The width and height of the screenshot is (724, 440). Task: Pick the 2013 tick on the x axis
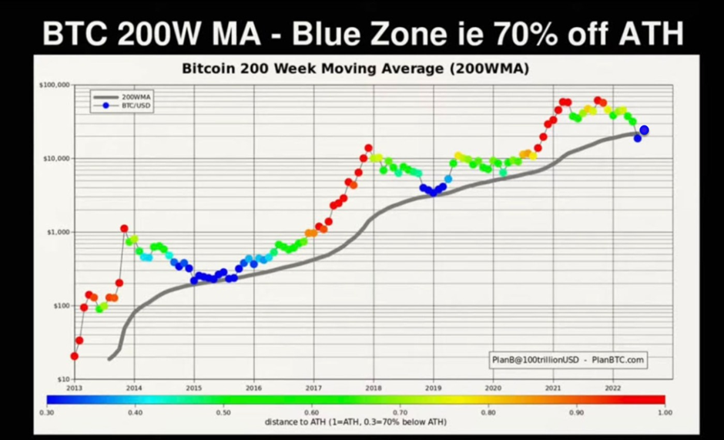[x=74, y=388]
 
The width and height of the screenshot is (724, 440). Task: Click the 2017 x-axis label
[x=313, y=388]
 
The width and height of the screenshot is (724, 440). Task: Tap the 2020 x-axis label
[x=494, y=388]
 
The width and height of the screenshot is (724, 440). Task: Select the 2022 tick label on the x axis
[x=613, y=388]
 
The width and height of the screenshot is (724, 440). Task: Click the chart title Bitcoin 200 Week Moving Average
[x=355, y=69]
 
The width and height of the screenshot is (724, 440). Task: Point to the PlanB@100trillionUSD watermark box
[x=568, y=359]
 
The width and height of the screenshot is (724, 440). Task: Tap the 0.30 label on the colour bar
[x=47, y=412]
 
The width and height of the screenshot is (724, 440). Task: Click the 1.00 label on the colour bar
[x=665, y=412]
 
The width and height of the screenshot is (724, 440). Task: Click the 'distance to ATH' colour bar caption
[x=355, y=422]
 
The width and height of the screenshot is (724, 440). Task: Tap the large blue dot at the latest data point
[x=644, y=131]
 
